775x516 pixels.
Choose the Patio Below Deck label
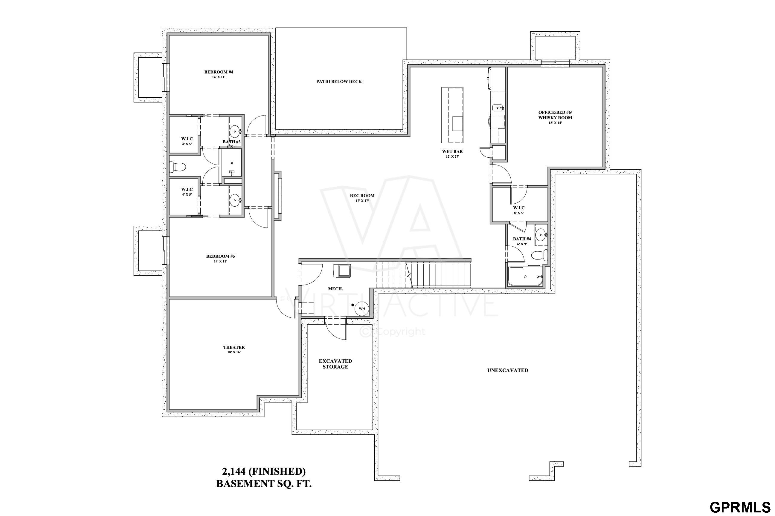pos(339,82)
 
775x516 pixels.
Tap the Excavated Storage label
pos(335,364)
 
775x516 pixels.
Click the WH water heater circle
pos(362,309)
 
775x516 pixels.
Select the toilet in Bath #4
pos(539,255)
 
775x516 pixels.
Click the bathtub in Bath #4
pos(525,277)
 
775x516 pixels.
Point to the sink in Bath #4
pos(541,235)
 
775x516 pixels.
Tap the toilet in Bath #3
pos(178,167)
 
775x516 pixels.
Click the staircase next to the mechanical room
pos(424,274)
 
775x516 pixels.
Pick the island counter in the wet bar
pos(452,115)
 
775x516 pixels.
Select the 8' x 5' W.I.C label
pos(519,210)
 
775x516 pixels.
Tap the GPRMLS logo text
pos(740,507)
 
